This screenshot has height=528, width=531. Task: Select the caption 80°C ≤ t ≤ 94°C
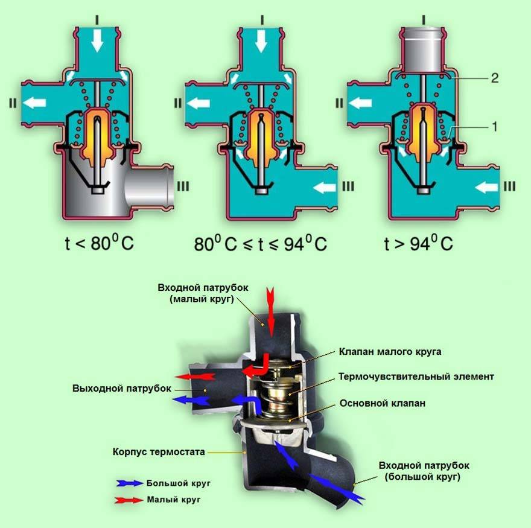click(x=260, y=244)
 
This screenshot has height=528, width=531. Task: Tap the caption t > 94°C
click(x=418, y=244)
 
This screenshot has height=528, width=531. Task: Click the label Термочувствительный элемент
click(x=416, y=377)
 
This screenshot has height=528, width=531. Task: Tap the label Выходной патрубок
click(x=121, y=387)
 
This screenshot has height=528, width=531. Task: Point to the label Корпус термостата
click(x=159, y=451)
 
